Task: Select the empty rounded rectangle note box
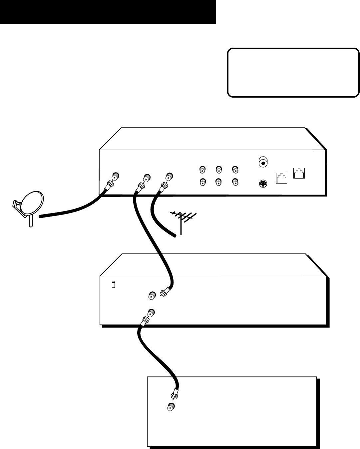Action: click(x=293, y=73)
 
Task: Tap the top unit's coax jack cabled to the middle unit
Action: click(x=146, y=176)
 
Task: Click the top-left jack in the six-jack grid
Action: click(x=202, y=170)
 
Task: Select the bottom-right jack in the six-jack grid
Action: click(x=235, y=182)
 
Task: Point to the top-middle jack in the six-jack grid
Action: click(x=218, y=170)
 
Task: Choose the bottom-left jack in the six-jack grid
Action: click(x=202, y=182)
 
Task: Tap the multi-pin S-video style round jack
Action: click(x=263, y=183)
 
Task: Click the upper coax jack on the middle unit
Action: click(x=152, y=295)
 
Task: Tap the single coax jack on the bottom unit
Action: click(x=171, y=406)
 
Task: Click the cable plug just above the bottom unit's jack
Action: click(x=174, y=395)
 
